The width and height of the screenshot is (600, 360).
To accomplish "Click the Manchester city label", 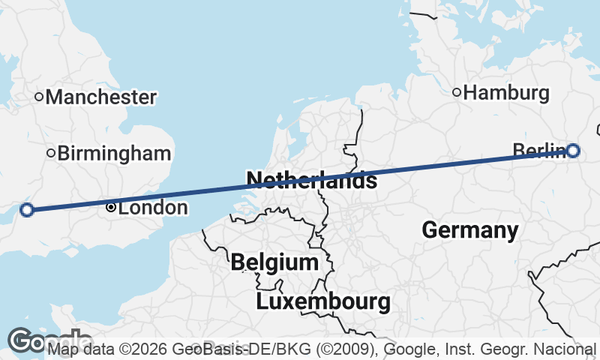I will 101,97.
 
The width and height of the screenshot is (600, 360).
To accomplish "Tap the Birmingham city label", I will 114,154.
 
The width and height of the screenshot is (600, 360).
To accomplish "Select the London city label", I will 153,208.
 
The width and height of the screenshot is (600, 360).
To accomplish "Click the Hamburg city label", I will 506,93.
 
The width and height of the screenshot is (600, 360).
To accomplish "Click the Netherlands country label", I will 311,180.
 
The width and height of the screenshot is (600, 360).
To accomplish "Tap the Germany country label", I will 470,229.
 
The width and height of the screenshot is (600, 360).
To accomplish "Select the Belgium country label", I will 274,262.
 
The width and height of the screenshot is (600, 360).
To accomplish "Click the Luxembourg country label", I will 323,302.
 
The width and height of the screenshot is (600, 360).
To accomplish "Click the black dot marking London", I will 111,207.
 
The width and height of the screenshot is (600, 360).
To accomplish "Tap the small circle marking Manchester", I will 40,96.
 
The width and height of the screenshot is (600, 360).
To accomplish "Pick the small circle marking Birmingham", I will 51,153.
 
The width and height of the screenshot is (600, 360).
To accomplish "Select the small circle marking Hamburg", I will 457,92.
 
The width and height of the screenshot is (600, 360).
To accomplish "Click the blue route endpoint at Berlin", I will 573,151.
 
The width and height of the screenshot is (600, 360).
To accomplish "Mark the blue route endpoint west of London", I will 27,210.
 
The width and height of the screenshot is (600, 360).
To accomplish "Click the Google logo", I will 49,341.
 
